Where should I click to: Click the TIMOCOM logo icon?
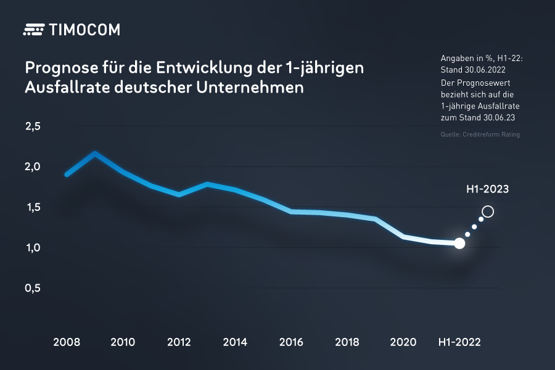pos(34,30)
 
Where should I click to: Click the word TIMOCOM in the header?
pos(83,30)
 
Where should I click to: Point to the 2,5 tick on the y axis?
pos(33,126)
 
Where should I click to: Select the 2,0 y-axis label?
pos(33,166)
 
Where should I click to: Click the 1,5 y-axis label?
pos(33,207)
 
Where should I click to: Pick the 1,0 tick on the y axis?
pos(33,248)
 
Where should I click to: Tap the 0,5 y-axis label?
pos(33,288)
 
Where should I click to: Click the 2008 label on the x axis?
pos(66,342)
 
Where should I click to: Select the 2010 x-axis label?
pos(123,342)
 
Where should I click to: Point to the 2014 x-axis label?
pos(236,342)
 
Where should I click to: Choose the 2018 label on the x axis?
pos(348,342)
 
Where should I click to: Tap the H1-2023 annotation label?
pos(487,189)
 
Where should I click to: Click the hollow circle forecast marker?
pos(488,212)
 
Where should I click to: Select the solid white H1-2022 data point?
pos(459,244)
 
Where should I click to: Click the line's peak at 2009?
pos(94,153)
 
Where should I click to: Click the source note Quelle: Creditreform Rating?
pos(480,134)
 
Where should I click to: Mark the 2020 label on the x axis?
pos(405,342)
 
